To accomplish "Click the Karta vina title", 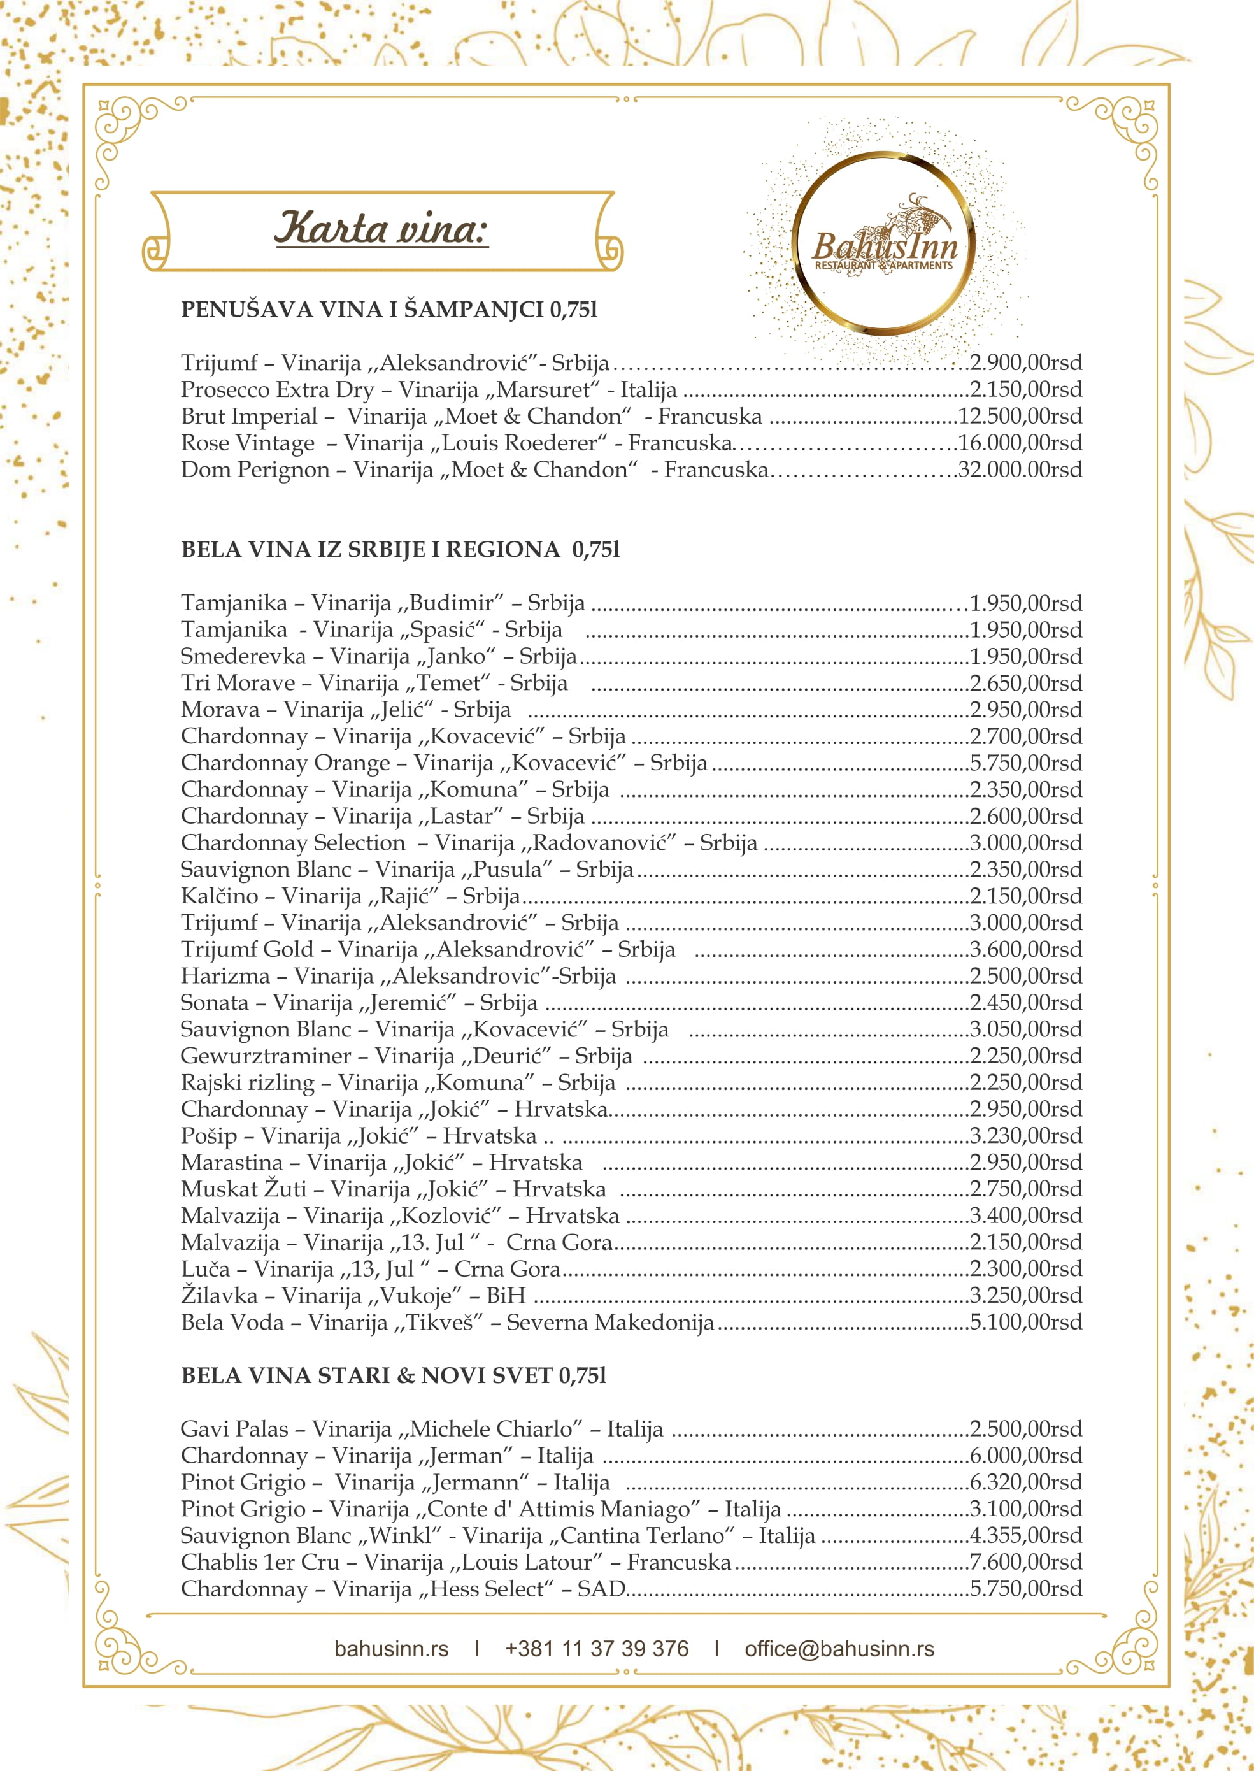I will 381,229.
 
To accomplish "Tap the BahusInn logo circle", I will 883,243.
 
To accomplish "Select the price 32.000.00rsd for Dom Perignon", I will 1019,470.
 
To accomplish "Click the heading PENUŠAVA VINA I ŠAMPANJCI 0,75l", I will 389,310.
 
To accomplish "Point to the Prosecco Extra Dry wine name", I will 277,389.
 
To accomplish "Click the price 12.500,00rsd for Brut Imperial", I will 1019,416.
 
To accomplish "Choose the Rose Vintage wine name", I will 248,443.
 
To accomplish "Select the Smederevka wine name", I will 243,657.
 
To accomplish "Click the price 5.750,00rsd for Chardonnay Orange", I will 1025,763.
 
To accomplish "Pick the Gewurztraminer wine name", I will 266,1056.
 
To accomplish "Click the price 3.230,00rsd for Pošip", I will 1025,1135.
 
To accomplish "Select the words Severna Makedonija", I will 610,1323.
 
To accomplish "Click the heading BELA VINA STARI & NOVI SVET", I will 394,1375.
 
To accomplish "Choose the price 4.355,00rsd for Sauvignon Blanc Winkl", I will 1025,1535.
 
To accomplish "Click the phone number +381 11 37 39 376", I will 596,1649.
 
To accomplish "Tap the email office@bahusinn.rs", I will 839,1649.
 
